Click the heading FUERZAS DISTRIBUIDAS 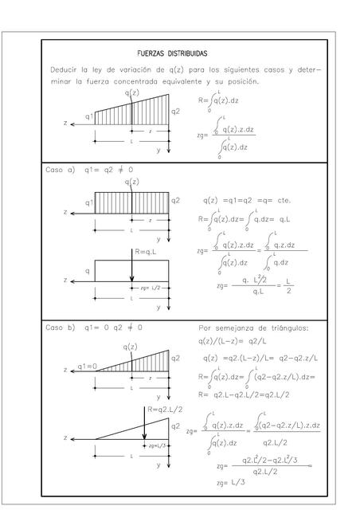pyautogui.click(x=172, y=53)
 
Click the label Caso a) pyautogui.click(x=61, y=170)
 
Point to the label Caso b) pyautogui.click(x=61, y=328)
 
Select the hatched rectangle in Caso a pyautogui.click(x=131, y=205)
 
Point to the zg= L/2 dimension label pyautogui.click(x=150, y=288)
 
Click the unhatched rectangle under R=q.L pyautogui.click(x=112, y=271)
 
